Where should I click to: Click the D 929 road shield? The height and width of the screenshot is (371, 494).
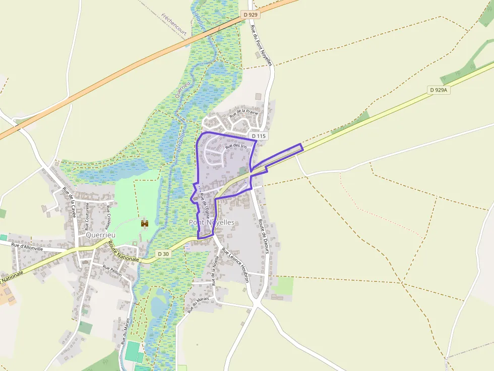click(251, 15)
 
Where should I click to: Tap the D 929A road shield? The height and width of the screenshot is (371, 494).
click(440, 90)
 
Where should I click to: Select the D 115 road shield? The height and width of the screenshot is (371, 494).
click(258, 136)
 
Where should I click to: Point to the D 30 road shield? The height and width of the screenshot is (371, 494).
click(163, 254)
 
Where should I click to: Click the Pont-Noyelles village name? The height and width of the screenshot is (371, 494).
click(211, 222)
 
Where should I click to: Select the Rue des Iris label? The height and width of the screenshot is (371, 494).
click(236, 146)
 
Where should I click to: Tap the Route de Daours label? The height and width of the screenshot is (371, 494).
click(262, 231)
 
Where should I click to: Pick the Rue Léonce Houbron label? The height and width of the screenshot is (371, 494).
click(236, 265)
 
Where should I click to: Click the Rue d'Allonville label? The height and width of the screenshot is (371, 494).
click(28, 246)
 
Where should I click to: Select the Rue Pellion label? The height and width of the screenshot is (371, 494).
click(112, 271)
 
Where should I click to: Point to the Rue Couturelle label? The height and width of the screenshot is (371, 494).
click(87, 216)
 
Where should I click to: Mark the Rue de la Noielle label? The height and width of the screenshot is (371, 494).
click(215, 270)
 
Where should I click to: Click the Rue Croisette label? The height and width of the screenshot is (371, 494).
click(108, 215)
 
